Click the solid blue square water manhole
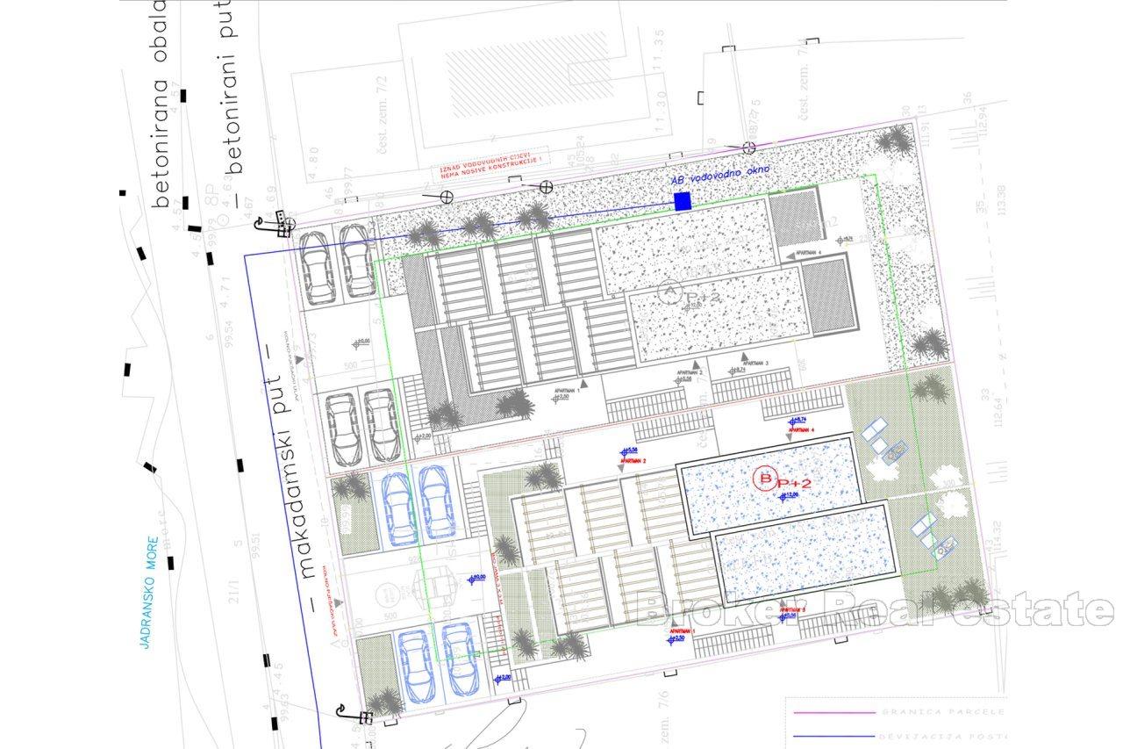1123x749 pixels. click(x=683, y=202)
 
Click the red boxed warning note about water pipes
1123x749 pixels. click(x=492, y=174)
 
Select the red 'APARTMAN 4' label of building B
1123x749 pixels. click(x=802, y=430)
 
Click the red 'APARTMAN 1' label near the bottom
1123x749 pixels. click(x=682, y=630)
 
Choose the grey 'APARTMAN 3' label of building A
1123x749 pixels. click(x=755, y=363)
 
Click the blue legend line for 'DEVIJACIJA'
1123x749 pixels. click(x=833, y=736)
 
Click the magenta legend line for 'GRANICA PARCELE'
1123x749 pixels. click(x=833, y=712)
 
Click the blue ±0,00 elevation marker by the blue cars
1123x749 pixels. click(x=476, y=578)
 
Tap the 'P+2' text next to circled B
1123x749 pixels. click(x=796, y=484)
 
